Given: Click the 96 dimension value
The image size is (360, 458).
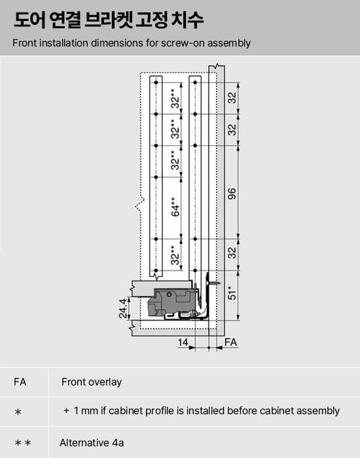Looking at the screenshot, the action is pos(232,194).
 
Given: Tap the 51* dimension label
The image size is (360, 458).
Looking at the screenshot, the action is pos(232,292).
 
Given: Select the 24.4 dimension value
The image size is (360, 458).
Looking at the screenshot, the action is pos(123,308).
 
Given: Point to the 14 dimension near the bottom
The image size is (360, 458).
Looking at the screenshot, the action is pos(183,342).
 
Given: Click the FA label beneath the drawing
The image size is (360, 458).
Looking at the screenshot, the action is pos(230,342).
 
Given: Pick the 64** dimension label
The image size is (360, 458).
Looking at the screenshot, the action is pos(175,207).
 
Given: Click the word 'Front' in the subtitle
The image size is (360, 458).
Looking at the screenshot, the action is pos(25,43).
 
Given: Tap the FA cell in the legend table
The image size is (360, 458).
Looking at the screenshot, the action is pos(20,381).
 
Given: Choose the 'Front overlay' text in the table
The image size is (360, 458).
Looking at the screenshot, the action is pos(92,382).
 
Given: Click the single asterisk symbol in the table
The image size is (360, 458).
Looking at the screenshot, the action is pos(18,412).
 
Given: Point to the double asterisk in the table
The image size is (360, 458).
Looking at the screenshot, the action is pos(23,443).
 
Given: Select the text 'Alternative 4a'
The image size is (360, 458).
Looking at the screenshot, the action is pos(92,442).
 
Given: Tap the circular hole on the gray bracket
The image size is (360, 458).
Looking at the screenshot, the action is pos(169,294).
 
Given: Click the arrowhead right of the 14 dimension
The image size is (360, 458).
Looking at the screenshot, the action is pos(192,347).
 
